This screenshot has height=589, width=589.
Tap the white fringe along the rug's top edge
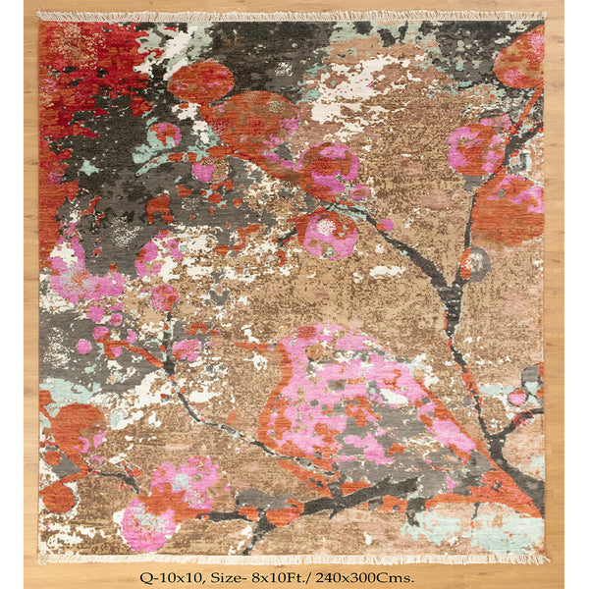pyautogui.click(x=294, y=17)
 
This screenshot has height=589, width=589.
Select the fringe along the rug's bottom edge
pyautogui.click(x=294, y=558)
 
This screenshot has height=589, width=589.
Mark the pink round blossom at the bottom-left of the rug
pyautogui.click(x=147, y=523)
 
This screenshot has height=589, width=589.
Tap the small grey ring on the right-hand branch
pyautogui.click(x=478, y=262)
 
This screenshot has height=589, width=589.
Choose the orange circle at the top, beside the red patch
pyautogui.click(x=201, y=81)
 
